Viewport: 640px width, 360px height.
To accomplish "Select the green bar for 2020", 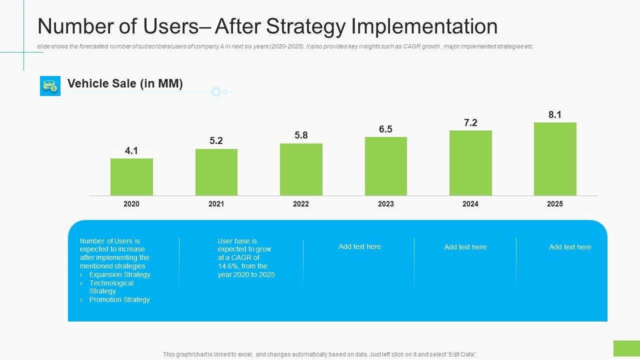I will pyautogui.click(x=131, y=177).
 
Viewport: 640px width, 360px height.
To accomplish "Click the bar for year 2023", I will pyautogui.click(x=386, y=166).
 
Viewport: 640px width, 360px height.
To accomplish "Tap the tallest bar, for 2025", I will pyautogui.click(x=555, y=159).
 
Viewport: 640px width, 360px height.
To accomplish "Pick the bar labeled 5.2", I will pyautogui.click(x=216, y=172).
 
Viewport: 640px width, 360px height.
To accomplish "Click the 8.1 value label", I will pyautogui.click(x=555, y=115).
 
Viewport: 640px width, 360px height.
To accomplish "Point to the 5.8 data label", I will pyautogui.click(x=301, y=135).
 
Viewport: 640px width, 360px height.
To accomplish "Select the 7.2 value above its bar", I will pyautogui.click(x=470, y=123).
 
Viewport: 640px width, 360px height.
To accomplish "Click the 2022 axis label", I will pyautogui.click(x=301, y=204).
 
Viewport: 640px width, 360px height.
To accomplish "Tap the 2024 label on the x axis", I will pyautogui.click(x=470, y=204).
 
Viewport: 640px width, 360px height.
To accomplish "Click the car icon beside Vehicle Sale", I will pyautogui.click(x=50, y=86).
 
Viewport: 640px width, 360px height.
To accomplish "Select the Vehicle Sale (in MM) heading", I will pyautogui.click(x=125, y=84).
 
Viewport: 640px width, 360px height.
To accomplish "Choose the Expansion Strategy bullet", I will pyautogui.click(x=119, y=274).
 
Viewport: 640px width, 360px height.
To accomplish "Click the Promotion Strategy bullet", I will pyautogui.click(x=119, y=299).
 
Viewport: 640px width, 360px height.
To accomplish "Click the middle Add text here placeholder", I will pyautogui.click(x=465, y=247).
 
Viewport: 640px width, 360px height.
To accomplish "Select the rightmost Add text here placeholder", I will pyautogui.click(x=570, y=247).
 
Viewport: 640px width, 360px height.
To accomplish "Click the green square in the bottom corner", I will pyautogui.click(x=626, y=348).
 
